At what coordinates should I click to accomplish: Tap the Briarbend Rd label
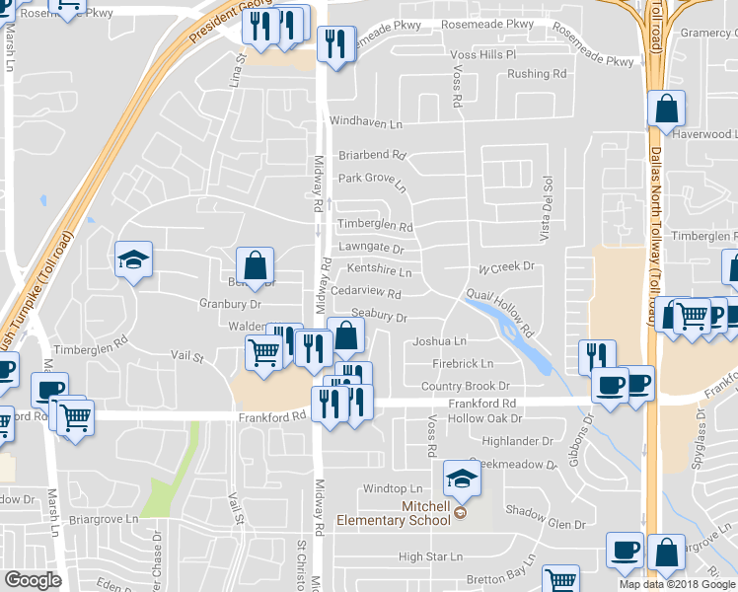coord(372,155)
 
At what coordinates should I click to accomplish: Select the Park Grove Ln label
coord(372,182)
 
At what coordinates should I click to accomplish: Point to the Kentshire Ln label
coord(379,271)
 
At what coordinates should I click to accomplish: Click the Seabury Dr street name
coord(379,317)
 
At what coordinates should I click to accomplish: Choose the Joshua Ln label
coord(439,341)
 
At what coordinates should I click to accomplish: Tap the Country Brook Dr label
coord(465,386)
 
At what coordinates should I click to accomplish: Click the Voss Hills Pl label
coord(482,54)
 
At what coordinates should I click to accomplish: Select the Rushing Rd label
coord(536,74)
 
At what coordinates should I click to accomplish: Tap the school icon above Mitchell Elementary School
coord(461,480)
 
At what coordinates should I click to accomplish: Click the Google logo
coord(33,580)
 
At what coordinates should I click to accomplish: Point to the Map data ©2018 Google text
coord(677,584)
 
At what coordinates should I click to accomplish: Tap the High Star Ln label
coord(430,557)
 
